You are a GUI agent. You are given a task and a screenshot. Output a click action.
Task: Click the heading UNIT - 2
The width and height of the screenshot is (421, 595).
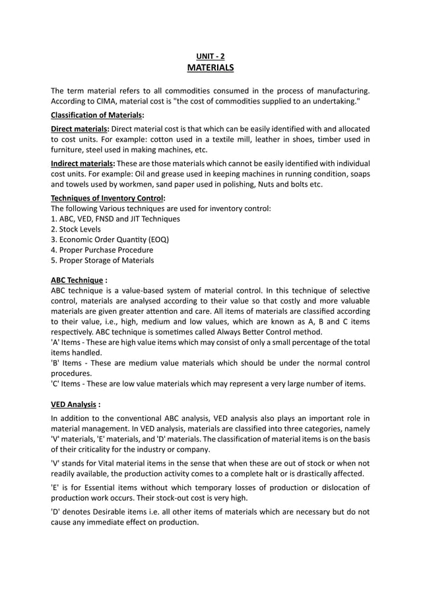(210, 57)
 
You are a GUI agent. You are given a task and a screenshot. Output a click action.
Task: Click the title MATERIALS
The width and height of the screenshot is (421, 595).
(210, 68)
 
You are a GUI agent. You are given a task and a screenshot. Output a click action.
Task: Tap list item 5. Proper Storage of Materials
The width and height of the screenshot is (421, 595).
(102, 260)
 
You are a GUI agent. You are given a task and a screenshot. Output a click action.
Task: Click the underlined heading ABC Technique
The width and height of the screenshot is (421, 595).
(77, 280)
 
